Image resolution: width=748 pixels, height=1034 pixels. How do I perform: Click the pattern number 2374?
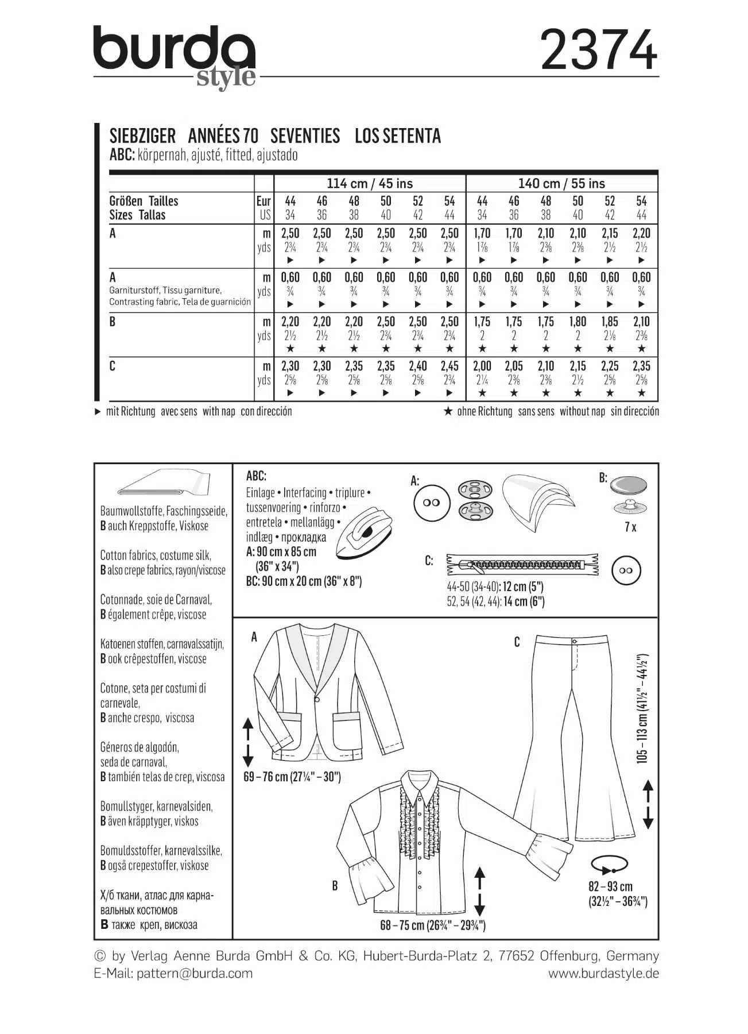[x=599, y=51]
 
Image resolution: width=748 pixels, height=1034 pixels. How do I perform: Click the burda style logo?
[x=175, y=55]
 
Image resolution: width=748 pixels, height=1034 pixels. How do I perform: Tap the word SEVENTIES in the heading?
[x=305, y=136]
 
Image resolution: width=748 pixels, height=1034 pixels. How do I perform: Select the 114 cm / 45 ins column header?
[x=370, y=184]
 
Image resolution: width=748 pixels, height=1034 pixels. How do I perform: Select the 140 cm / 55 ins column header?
[x=561, y=184]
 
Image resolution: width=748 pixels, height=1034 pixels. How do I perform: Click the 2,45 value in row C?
[x=449, y=366]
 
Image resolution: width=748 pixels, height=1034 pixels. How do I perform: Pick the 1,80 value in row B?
[x=578, y=322]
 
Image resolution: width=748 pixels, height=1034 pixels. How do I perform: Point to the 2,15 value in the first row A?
[x=610, y=233]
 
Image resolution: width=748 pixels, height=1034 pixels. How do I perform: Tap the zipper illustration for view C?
[x=522, y=564]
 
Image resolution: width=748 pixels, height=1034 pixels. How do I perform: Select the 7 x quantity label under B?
[x=630, y=526]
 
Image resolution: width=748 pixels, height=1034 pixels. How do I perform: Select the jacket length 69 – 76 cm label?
[x=292, y=777]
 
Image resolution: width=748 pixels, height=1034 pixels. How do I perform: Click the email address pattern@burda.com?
[x=195, y=973]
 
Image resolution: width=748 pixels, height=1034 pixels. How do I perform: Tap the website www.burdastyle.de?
[x=603, y=973]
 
